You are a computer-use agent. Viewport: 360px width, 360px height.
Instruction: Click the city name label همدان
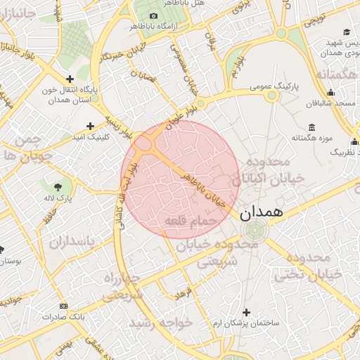[262, 212]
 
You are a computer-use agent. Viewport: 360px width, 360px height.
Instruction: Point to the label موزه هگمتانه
[311, 138]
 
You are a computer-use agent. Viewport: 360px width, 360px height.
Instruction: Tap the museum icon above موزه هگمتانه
[311, 127]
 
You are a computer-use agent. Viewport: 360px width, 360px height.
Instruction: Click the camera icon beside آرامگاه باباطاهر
[153, 16]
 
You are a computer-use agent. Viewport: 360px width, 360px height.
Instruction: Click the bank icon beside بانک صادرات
[64, 306]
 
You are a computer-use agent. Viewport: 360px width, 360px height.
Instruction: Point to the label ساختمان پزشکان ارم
[245, 322]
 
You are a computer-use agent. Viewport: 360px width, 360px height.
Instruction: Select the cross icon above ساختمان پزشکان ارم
[245, 311]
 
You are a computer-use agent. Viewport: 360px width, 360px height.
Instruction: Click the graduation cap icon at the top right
[347, 32]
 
